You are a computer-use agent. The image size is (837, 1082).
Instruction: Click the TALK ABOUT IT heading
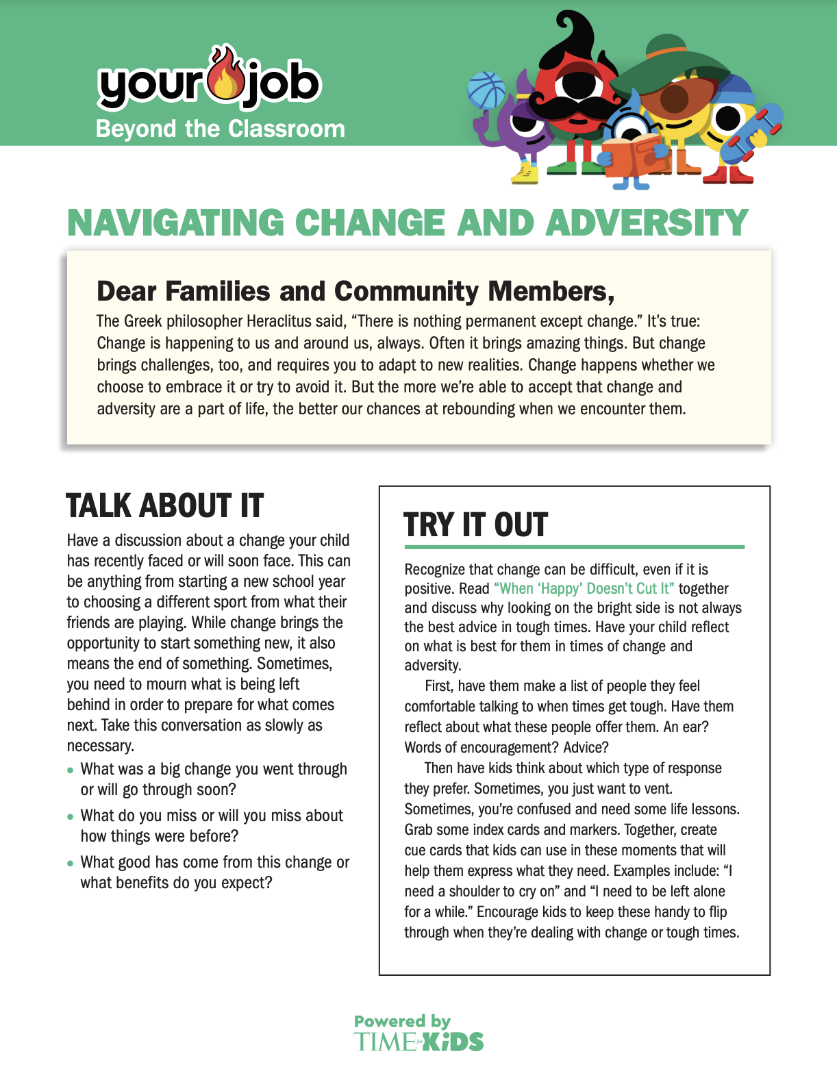coord(164,506)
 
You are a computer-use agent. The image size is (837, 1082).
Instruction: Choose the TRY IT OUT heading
coord(475,525)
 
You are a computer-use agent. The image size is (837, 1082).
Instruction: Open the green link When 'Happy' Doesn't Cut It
coord(584,589)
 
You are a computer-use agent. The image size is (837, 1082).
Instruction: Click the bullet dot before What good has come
coord(71,863)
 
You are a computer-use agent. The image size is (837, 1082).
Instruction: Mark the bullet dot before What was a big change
coord(71,770)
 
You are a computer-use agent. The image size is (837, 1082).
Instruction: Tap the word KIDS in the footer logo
coord(453,1042)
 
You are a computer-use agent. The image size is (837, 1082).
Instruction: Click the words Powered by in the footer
coord(402,1022)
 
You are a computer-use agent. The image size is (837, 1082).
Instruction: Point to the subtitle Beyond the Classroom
coord(220,129)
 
